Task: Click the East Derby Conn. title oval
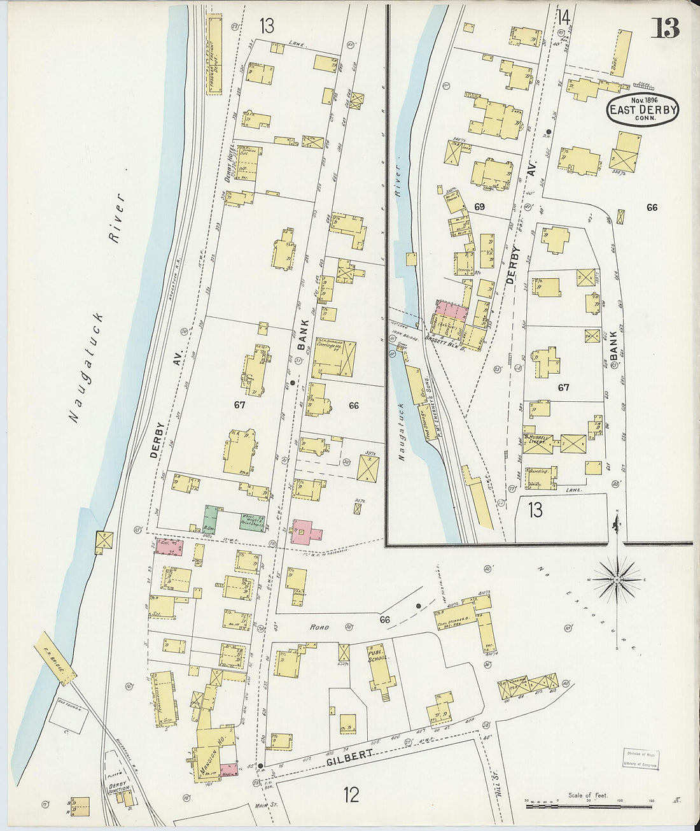[643, 110]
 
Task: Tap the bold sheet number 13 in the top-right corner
[665, 29]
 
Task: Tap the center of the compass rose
[617, 580]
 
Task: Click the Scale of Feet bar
[591, 806]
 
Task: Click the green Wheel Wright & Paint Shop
[253, 521]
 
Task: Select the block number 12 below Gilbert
[351, 795]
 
